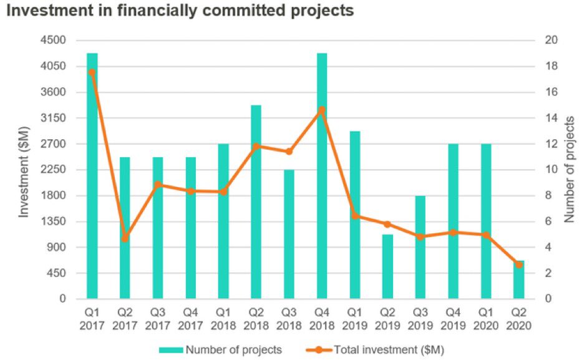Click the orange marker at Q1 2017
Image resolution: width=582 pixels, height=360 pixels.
tap(92, 72)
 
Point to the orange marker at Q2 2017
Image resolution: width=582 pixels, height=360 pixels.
tap(125, 238)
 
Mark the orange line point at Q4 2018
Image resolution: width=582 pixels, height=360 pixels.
tap(322, 110)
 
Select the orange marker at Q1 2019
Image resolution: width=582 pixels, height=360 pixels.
tap(355, 216)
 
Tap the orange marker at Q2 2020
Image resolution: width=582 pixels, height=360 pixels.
tap(519, 265)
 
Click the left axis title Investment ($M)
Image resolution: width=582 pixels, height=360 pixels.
tap(24, 170)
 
